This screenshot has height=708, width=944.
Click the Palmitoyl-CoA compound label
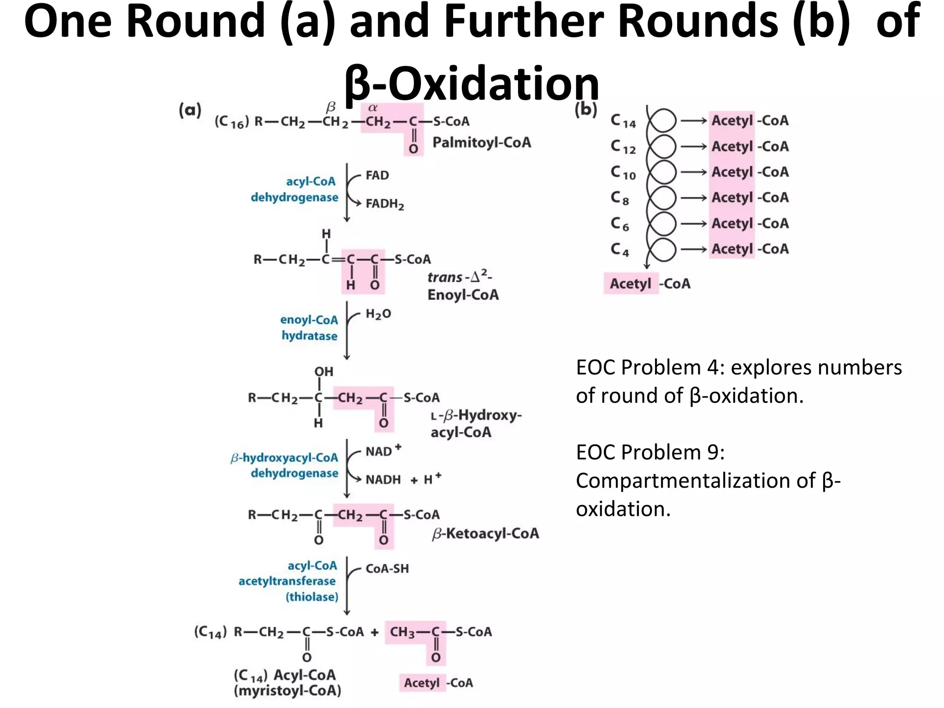[x=481, y=142]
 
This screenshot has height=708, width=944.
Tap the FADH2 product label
[x=384, y=204]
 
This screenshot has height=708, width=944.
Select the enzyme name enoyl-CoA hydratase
[x=309, y=328]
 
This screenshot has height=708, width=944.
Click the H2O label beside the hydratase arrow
[x=378, y=314]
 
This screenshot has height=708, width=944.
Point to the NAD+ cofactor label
[x=383, y=451]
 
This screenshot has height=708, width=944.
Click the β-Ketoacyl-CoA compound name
[x=485, y=533]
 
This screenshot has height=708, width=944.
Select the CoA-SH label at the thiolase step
[x=387, y=568]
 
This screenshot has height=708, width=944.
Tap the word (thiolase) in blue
[x=312, y=597]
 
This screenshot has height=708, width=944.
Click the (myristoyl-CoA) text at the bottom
[x=288, y=690]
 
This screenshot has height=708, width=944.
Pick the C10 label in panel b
[x=623, y=173]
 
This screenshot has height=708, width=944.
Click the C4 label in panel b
[x=620, y=250]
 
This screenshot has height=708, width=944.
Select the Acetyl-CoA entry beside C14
[x=749, y=121]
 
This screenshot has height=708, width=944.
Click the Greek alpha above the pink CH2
[x=372, y=108]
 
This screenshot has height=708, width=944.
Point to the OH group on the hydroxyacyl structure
[x=324, y=372]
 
